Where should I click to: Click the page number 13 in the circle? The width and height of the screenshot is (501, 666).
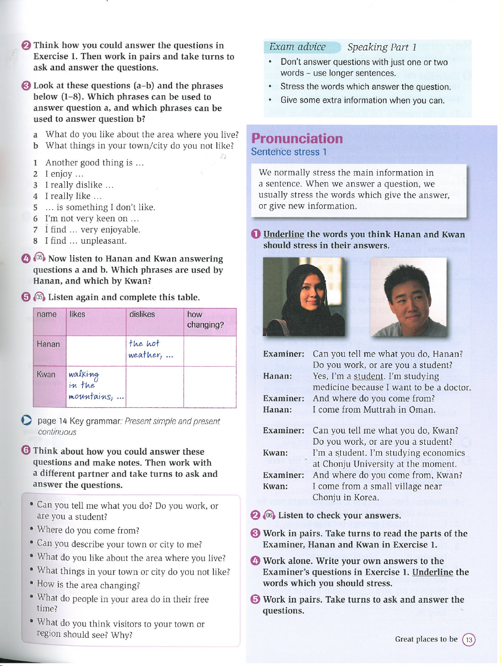(x=469, y=640)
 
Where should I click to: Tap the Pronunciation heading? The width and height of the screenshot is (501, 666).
(x=297, y=139)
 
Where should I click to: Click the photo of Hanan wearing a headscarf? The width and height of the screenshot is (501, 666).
(x=304, y=297)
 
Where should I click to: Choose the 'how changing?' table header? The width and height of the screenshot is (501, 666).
(x=205, y=319)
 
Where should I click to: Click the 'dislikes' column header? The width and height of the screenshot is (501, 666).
(x=142, y=314)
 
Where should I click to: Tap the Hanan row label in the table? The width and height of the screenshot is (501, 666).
(x=49, y=344)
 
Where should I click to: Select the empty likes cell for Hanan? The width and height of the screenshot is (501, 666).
(x=96, y=351)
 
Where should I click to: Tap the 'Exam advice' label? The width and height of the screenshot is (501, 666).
(x=298, y=47)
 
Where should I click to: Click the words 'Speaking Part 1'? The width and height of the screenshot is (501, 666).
(x=382, y=47)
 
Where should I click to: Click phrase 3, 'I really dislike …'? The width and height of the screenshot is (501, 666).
(x=79, y=185)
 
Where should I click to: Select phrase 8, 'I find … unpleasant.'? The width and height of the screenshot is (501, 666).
(x=86, y=241)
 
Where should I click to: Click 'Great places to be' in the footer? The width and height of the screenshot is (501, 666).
(x=426, y=639)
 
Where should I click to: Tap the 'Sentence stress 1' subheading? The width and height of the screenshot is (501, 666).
(x=288, y=152)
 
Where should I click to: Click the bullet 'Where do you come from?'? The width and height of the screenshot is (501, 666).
(x=88, y=530)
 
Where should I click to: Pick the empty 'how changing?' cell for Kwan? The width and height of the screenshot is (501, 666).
(x=210, y=387)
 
